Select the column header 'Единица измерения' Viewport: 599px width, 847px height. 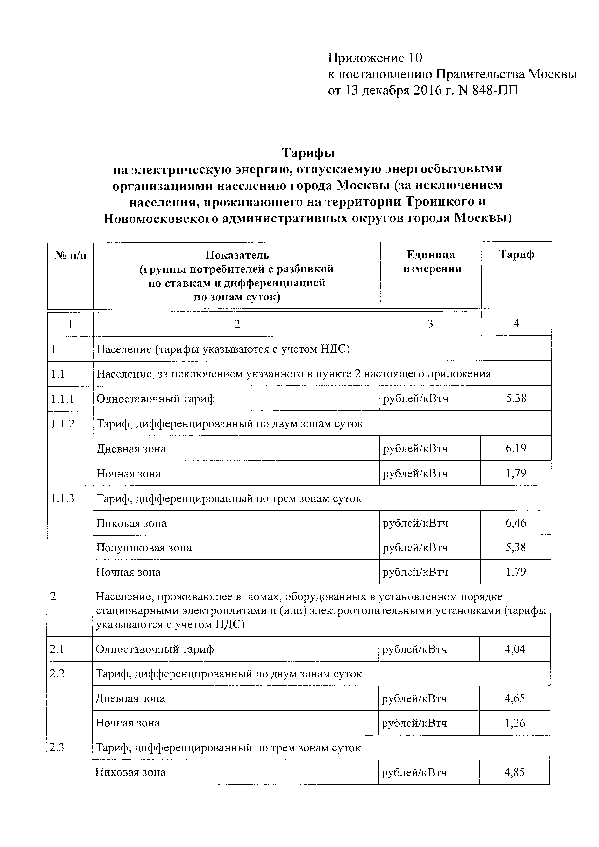430,262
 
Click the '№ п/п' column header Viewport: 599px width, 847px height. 71,255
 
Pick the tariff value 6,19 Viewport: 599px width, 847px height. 516,448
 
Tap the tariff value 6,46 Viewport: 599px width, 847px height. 516,523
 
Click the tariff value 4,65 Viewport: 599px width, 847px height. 515,698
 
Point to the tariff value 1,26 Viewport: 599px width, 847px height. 515,723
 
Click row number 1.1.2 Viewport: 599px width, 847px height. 63,424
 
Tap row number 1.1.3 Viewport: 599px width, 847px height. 63,498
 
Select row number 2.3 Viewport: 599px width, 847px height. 57,748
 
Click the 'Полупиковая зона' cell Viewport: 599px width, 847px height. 144,548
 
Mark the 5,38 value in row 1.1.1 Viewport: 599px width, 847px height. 516,398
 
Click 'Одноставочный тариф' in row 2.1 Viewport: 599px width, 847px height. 155,649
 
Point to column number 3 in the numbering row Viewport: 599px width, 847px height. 430,324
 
